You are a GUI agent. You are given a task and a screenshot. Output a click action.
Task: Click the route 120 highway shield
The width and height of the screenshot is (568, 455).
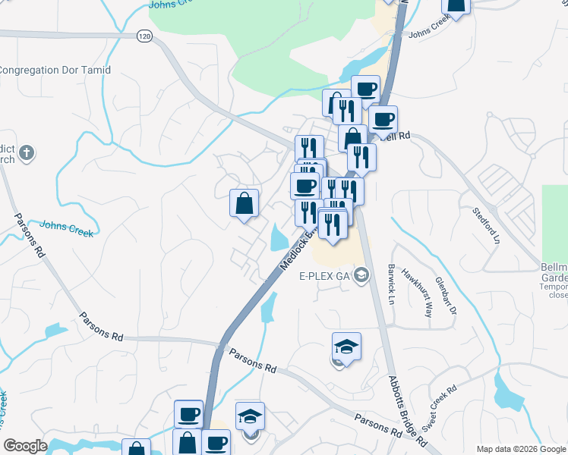pyautogui.click(x=144, y=36)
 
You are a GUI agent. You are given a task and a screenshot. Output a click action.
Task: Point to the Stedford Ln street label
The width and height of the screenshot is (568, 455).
pyautogui.click(x=487, y=225)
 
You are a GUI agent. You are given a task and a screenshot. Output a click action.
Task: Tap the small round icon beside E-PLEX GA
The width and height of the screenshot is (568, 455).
pyautogui.click(x=361, y=275)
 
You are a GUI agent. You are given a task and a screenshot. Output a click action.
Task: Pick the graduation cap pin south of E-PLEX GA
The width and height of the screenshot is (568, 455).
pyautogui.click(x=346, y=347)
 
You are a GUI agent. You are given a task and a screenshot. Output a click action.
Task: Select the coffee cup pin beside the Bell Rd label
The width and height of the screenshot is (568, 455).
pyautogui.click(x=383, y=119)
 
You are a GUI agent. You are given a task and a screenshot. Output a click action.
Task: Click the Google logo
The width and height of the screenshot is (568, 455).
pyautogui.click(x=25, y=446)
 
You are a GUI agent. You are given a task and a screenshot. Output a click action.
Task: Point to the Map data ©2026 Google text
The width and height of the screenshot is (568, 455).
pyautogui.click(x=521, y=449)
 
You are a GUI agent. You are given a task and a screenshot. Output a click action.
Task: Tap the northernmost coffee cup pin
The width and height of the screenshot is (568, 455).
pyautogui.click(x=365, y=89)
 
